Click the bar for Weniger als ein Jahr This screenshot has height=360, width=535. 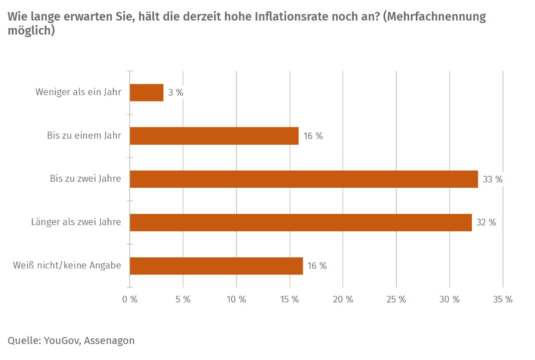146,93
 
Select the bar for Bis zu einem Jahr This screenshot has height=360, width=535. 214,136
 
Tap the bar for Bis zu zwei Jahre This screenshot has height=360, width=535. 304,179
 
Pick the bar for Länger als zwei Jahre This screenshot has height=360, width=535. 301,222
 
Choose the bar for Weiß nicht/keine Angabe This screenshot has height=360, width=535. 216,266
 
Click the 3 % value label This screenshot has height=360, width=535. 175,93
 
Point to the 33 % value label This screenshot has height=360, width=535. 492,179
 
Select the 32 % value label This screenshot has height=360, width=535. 486,222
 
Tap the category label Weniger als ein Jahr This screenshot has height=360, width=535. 78,92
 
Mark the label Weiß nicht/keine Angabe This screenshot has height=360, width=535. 67,265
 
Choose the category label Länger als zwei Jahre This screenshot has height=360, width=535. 76,222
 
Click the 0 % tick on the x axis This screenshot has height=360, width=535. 130,299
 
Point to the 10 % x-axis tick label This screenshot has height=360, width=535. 236,299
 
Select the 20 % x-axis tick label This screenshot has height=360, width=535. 343,299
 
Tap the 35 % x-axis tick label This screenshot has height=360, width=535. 503,299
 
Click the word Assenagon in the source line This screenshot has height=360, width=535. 109,341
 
